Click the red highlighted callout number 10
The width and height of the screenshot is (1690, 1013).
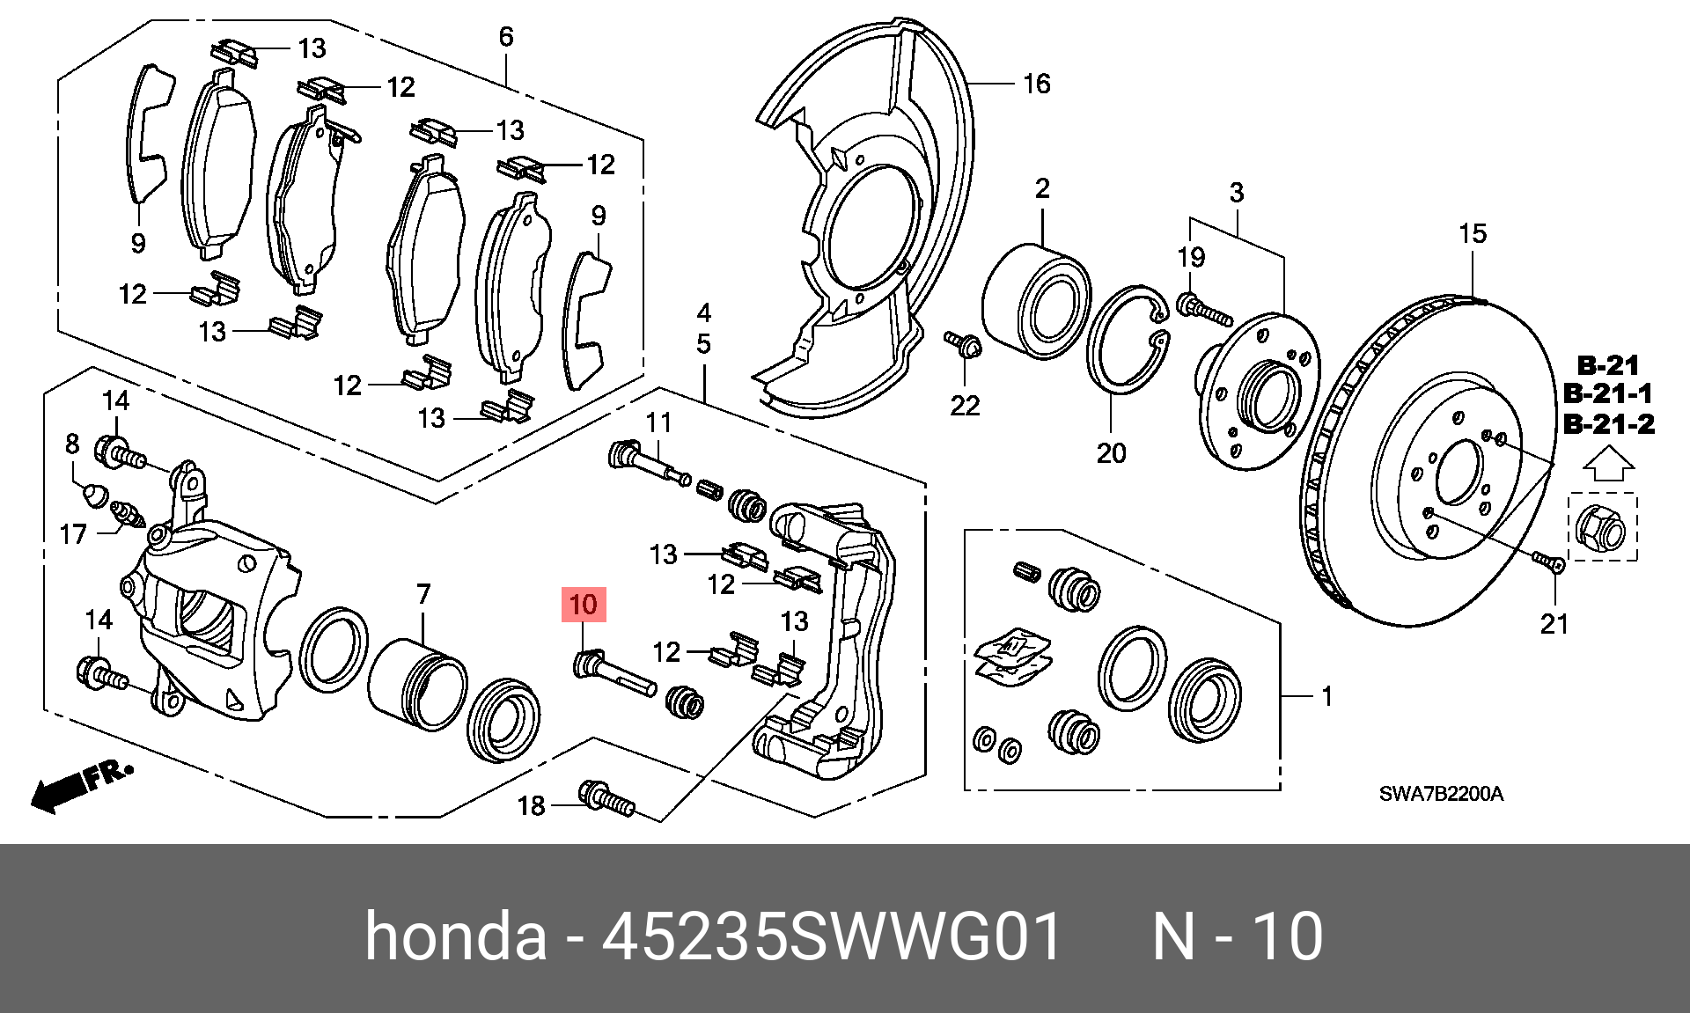[584, 605]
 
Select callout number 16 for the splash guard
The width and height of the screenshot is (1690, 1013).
[1037, 84]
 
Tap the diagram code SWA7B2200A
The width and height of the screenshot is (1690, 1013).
[1441, 794]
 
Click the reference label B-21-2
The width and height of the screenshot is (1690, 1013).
[1608, 423]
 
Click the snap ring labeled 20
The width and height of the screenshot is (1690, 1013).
[1128, 340]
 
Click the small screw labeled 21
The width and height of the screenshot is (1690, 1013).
[1548, 562]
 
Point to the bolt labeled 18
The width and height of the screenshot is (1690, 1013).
[606, 798]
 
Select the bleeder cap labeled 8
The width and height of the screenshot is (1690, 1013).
[95, 495]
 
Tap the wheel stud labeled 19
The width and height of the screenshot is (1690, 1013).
[1202, 309]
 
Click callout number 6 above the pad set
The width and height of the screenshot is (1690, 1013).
[506, 37]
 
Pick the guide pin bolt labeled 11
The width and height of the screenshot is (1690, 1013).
[649, 463]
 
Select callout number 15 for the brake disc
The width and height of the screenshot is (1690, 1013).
[1473, 233]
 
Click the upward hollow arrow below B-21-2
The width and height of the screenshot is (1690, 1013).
[1608, 463]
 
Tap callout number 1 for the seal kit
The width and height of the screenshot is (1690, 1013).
[1326, 696]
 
